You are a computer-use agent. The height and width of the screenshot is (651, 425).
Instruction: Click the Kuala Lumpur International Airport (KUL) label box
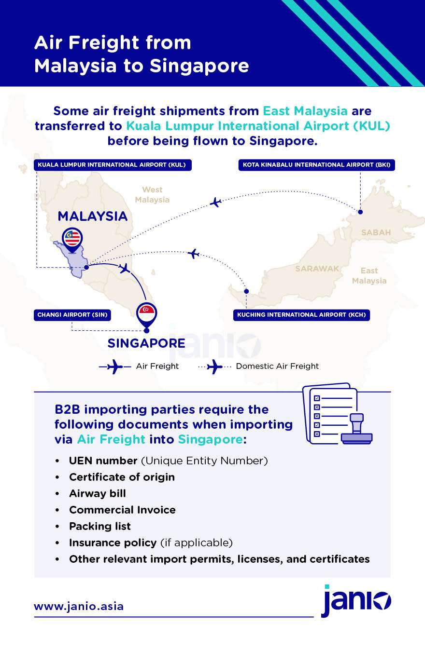click(x=113, y=165)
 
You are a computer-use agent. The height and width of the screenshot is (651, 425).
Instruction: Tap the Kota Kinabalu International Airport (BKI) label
click(x=317, y=165)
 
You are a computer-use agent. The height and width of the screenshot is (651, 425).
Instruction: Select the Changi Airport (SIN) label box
click(x=72, y=315)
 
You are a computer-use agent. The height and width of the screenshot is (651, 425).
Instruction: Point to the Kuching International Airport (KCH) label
click(x=301, y=315)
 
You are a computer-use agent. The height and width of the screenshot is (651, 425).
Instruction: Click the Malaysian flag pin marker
click(x=72, y=240)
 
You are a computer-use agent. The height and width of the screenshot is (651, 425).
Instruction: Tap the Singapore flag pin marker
click(x=147, y=315)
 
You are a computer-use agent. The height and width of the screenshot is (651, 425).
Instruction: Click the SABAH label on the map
click(x=376, y=232)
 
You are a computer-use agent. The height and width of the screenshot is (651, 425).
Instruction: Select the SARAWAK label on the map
click(x=317, y=268)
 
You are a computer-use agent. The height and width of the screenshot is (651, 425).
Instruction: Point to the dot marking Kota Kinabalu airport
click(x=360, y=212)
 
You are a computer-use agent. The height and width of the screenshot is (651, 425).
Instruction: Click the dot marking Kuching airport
click(x=246, y=291)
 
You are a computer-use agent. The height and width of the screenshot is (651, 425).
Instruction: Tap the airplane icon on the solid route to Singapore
click(x=125, y=268)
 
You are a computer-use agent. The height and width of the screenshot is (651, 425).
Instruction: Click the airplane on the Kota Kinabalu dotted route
click(x=216, y=202)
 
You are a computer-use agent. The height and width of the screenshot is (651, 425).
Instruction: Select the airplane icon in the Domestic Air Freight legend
click(x=214, y=367)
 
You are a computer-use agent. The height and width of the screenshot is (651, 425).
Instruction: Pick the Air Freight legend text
click(x=157, y=366)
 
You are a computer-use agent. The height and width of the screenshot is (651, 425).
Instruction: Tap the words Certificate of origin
click(x=122, y=477)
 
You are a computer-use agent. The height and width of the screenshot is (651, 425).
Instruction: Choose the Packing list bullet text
click(x=100, y=526)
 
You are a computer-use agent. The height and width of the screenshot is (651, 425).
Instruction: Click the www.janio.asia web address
click(x=79, y=606)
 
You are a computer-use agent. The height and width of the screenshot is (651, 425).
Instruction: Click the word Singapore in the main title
click(x=199, y=66)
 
